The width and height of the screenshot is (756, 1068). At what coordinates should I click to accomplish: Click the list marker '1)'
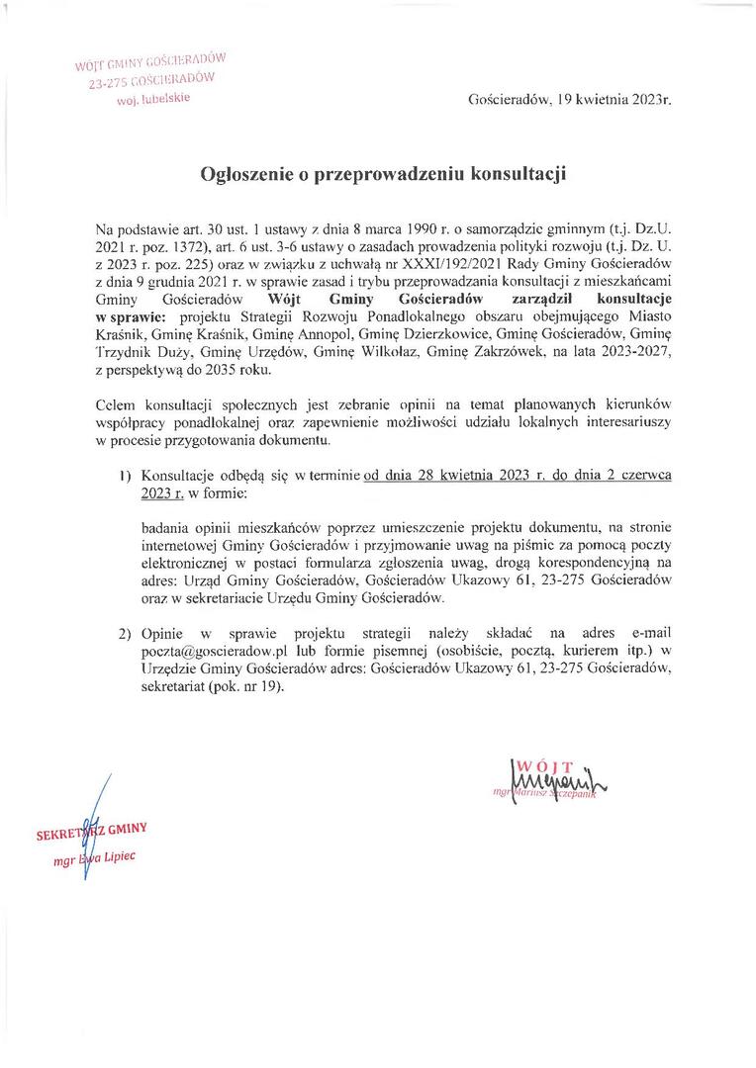tap(126, 475)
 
